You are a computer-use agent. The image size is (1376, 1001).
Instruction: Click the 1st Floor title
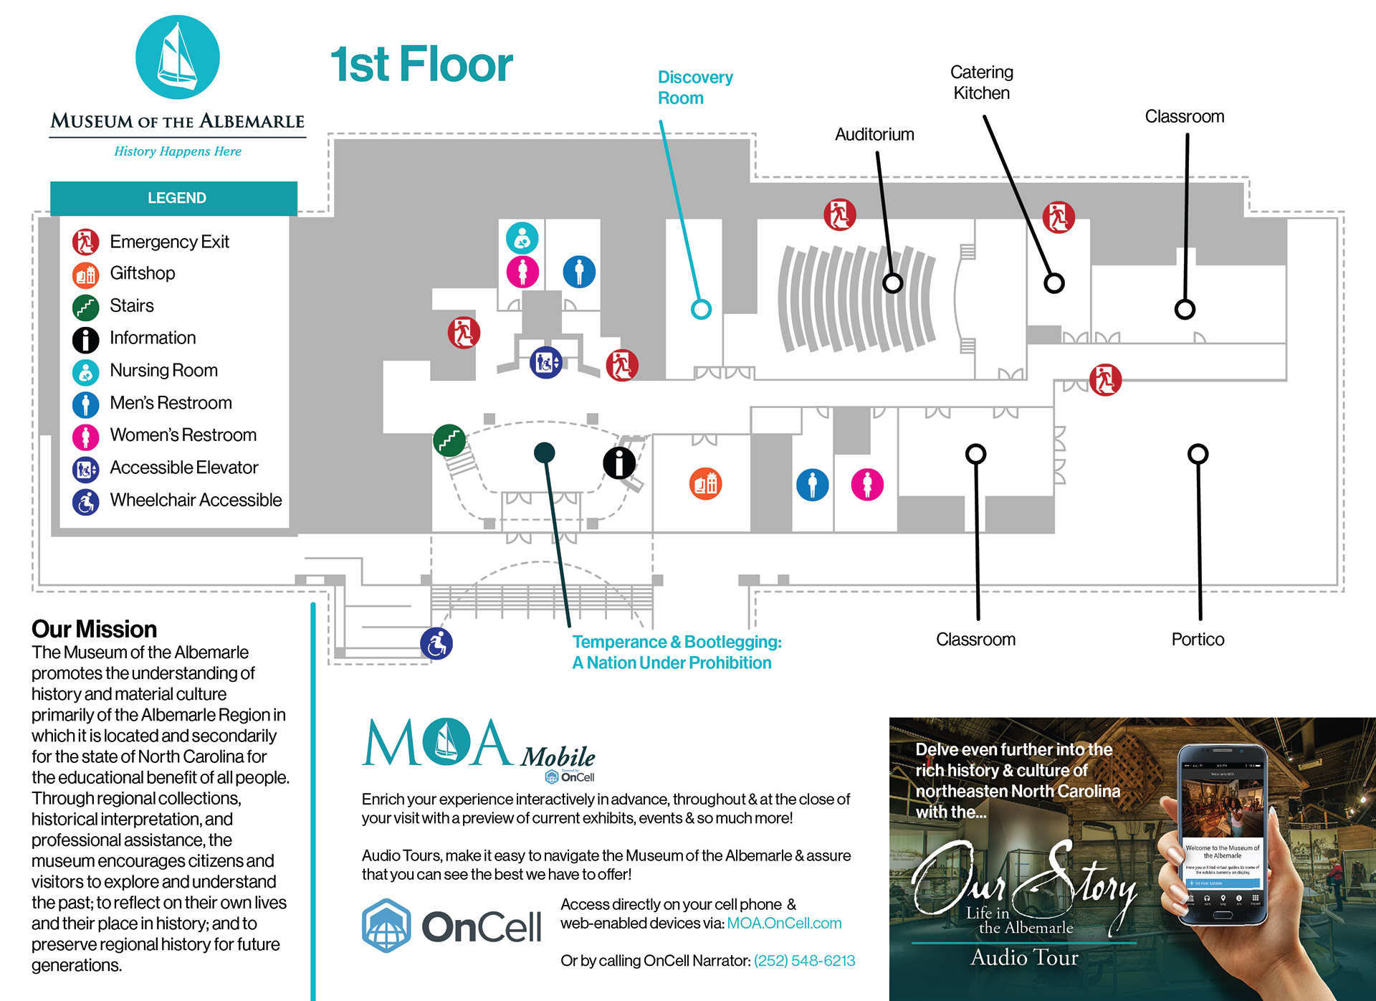421,65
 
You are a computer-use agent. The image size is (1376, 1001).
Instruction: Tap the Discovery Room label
694,87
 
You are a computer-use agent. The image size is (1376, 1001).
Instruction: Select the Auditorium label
874,135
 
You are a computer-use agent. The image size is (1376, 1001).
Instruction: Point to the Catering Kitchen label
981,82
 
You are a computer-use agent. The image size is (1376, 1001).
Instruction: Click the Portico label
1198,640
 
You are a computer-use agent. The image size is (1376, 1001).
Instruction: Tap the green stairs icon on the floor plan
449,440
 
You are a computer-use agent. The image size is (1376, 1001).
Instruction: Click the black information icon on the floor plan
619,462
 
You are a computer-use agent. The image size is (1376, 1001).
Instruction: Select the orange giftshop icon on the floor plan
705,484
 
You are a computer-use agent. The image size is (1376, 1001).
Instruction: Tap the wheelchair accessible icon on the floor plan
436,643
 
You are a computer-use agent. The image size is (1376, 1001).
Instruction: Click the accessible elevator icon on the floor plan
545,363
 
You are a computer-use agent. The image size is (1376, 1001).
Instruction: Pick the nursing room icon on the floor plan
522,237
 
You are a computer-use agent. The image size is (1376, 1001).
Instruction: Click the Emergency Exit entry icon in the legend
85,242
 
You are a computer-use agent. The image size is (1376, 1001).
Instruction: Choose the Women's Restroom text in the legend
183,435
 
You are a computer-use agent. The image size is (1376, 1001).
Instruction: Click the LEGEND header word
176,198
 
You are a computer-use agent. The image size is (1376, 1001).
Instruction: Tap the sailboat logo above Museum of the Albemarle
178,57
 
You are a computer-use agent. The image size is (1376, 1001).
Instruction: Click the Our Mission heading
94,630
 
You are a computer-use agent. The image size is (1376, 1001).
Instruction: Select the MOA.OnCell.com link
784,924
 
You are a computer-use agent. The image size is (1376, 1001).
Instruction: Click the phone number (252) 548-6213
804,961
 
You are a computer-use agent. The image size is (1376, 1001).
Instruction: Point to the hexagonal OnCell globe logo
386,926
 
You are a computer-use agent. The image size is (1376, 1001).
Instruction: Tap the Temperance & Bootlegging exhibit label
676,653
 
